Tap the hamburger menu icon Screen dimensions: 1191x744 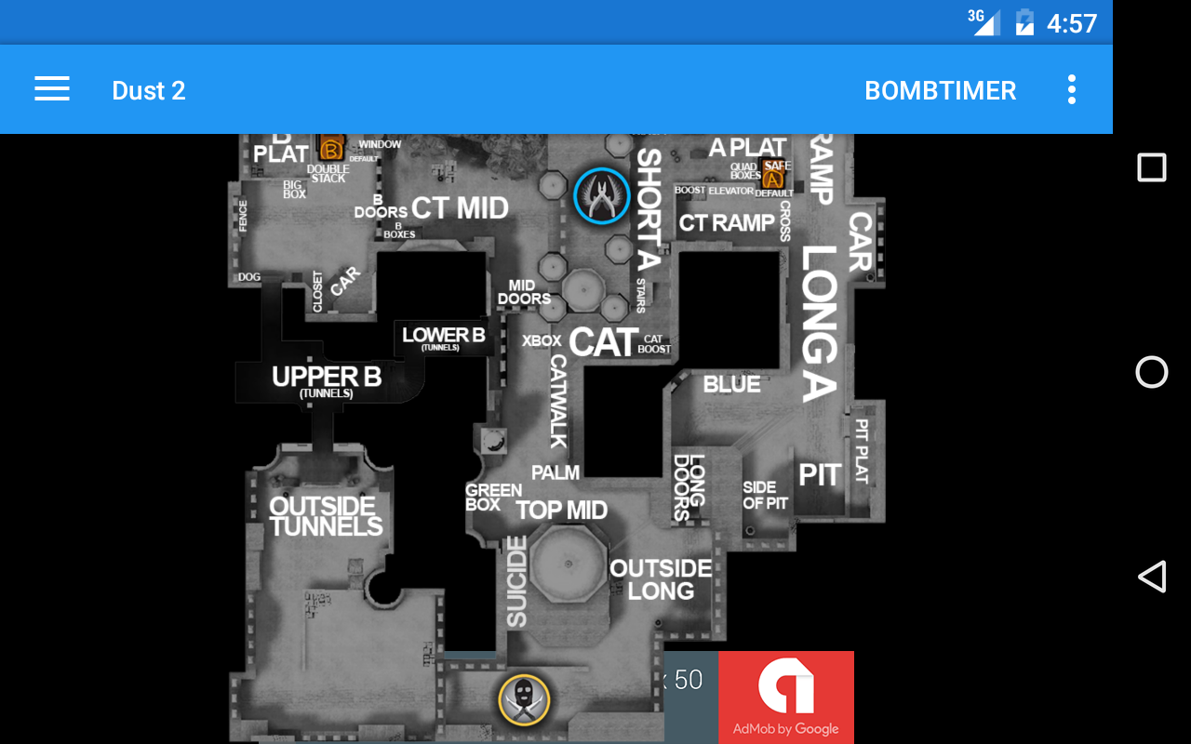52,89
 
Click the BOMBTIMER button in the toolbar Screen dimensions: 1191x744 940,90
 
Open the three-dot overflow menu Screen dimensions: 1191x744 1072,89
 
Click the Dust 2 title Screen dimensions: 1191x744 149,90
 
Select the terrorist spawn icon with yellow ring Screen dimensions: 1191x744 524,699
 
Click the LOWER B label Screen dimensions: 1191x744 443,337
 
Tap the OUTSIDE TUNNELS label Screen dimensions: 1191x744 325,516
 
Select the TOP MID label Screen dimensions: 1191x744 561,510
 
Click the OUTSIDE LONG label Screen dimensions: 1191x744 661,578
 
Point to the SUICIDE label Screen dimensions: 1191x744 516,581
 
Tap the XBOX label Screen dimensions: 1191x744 542,341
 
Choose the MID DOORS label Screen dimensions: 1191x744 523,292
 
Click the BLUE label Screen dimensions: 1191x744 731,384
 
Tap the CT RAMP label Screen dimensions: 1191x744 727,223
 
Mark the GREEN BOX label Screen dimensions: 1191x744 492,497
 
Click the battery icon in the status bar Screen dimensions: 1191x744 1024,22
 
